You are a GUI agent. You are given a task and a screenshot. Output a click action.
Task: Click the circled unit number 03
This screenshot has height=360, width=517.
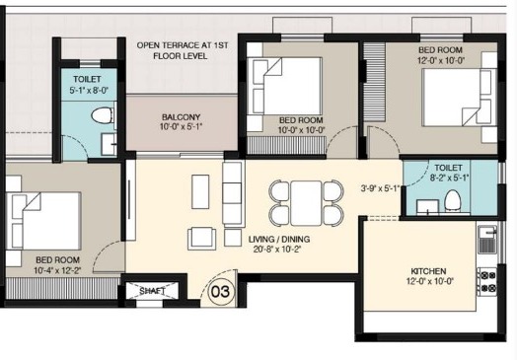[222, 291]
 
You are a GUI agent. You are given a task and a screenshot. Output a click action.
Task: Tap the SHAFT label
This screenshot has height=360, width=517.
[152, 291]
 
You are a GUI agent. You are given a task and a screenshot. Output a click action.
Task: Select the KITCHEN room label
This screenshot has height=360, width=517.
[428, 271]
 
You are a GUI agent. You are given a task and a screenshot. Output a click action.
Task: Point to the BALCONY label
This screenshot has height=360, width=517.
[181, 117]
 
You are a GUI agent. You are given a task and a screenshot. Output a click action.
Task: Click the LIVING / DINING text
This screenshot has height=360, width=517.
[279, 239]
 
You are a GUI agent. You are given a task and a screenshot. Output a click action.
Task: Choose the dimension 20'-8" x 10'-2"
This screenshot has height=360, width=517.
[277, 250]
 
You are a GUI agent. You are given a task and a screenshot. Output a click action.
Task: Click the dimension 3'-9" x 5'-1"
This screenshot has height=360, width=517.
[380, 188]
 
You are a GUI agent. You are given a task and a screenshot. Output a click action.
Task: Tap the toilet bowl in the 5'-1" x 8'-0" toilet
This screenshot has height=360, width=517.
[101, 115]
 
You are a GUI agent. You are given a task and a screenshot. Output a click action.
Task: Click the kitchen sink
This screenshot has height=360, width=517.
[487, 240]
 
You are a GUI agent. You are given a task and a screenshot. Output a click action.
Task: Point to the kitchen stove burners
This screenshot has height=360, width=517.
[487, 281]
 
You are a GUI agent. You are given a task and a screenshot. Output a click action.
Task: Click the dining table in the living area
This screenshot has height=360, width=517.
[306, 203]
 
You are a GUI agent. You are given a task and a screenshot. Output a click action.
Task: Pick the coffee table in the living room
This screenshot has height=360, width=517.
[200, 191]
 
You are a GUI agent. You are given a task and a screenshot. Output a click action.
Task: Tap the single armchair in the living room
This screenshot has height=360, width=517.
[202, 239]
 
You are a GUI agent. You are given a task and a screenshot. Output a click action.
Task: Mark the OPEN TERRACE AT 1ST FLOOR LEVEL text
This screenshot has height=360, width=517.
[182, 50]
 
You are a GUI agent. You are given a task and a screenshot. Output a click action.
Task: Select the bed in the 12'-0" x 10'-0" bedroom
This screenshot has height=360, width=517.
[460, 98]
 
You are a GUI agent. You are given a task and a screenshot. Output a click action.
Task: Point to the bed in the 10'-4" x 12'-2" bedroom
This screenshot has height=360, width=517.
[43, 221]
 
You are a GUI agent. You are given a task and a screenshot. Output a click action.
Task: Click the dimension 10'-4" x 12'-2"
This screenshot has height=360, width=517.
[57, 270]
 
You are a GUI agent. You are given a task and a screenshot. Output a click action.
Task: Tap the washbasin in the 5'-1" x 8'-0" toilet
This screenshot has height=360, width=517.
[109, 144]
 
